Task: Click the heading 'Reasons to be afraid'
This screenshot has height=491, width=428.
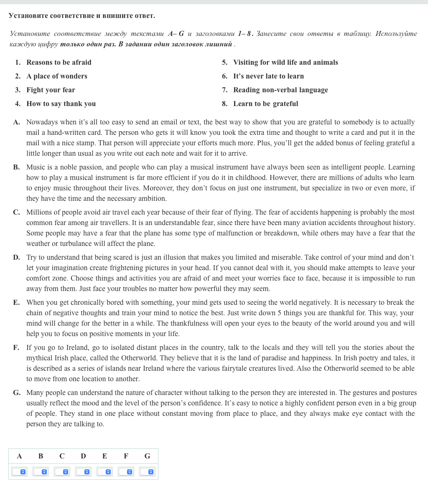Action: [x=59, y=62]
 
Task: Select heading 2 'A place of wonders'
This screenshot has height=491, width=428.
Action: [x=57, y=76]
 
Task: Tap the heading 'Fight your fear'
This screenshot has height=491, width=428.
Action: [x=51, y=90]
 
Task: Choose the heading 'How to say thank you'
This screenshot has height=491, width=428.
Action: [x=61, y=104]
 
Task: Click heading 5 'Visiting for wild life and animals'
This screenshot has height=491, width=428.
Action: [x=285, y=62]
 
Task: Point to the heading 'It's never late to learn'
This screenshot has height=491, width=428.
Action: [x=268, y=76]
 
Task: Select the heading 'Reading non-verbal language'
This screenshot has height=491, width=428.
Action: [x=280, y=90]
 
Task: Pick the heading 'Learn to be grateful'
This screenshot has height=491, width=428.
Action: [x=265, y=104]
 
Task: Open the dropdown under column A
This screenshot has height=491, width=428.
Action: [x=19, y=472]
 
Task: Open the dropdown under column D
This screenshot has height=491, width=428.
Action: [x=83, y=472]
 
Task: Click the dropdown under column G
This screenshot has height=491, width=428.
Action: [x=147, y=472]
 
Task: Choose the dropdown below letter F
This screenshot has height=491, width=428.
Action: [x=126, y=472]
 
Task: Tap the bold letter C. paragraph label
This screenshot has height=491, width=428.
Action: [x=17, y=213]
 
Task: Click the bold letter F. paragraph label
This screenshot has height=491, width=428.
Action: [x=17, y=348]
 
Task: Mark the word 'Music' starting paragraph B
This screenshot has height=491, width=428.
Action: [x=35, y=167]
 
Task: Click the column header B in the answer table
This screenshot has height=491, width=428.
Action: [x=41, y=456]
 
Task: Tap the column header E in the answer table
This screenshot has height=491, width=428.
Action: [x=104, y=456]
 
